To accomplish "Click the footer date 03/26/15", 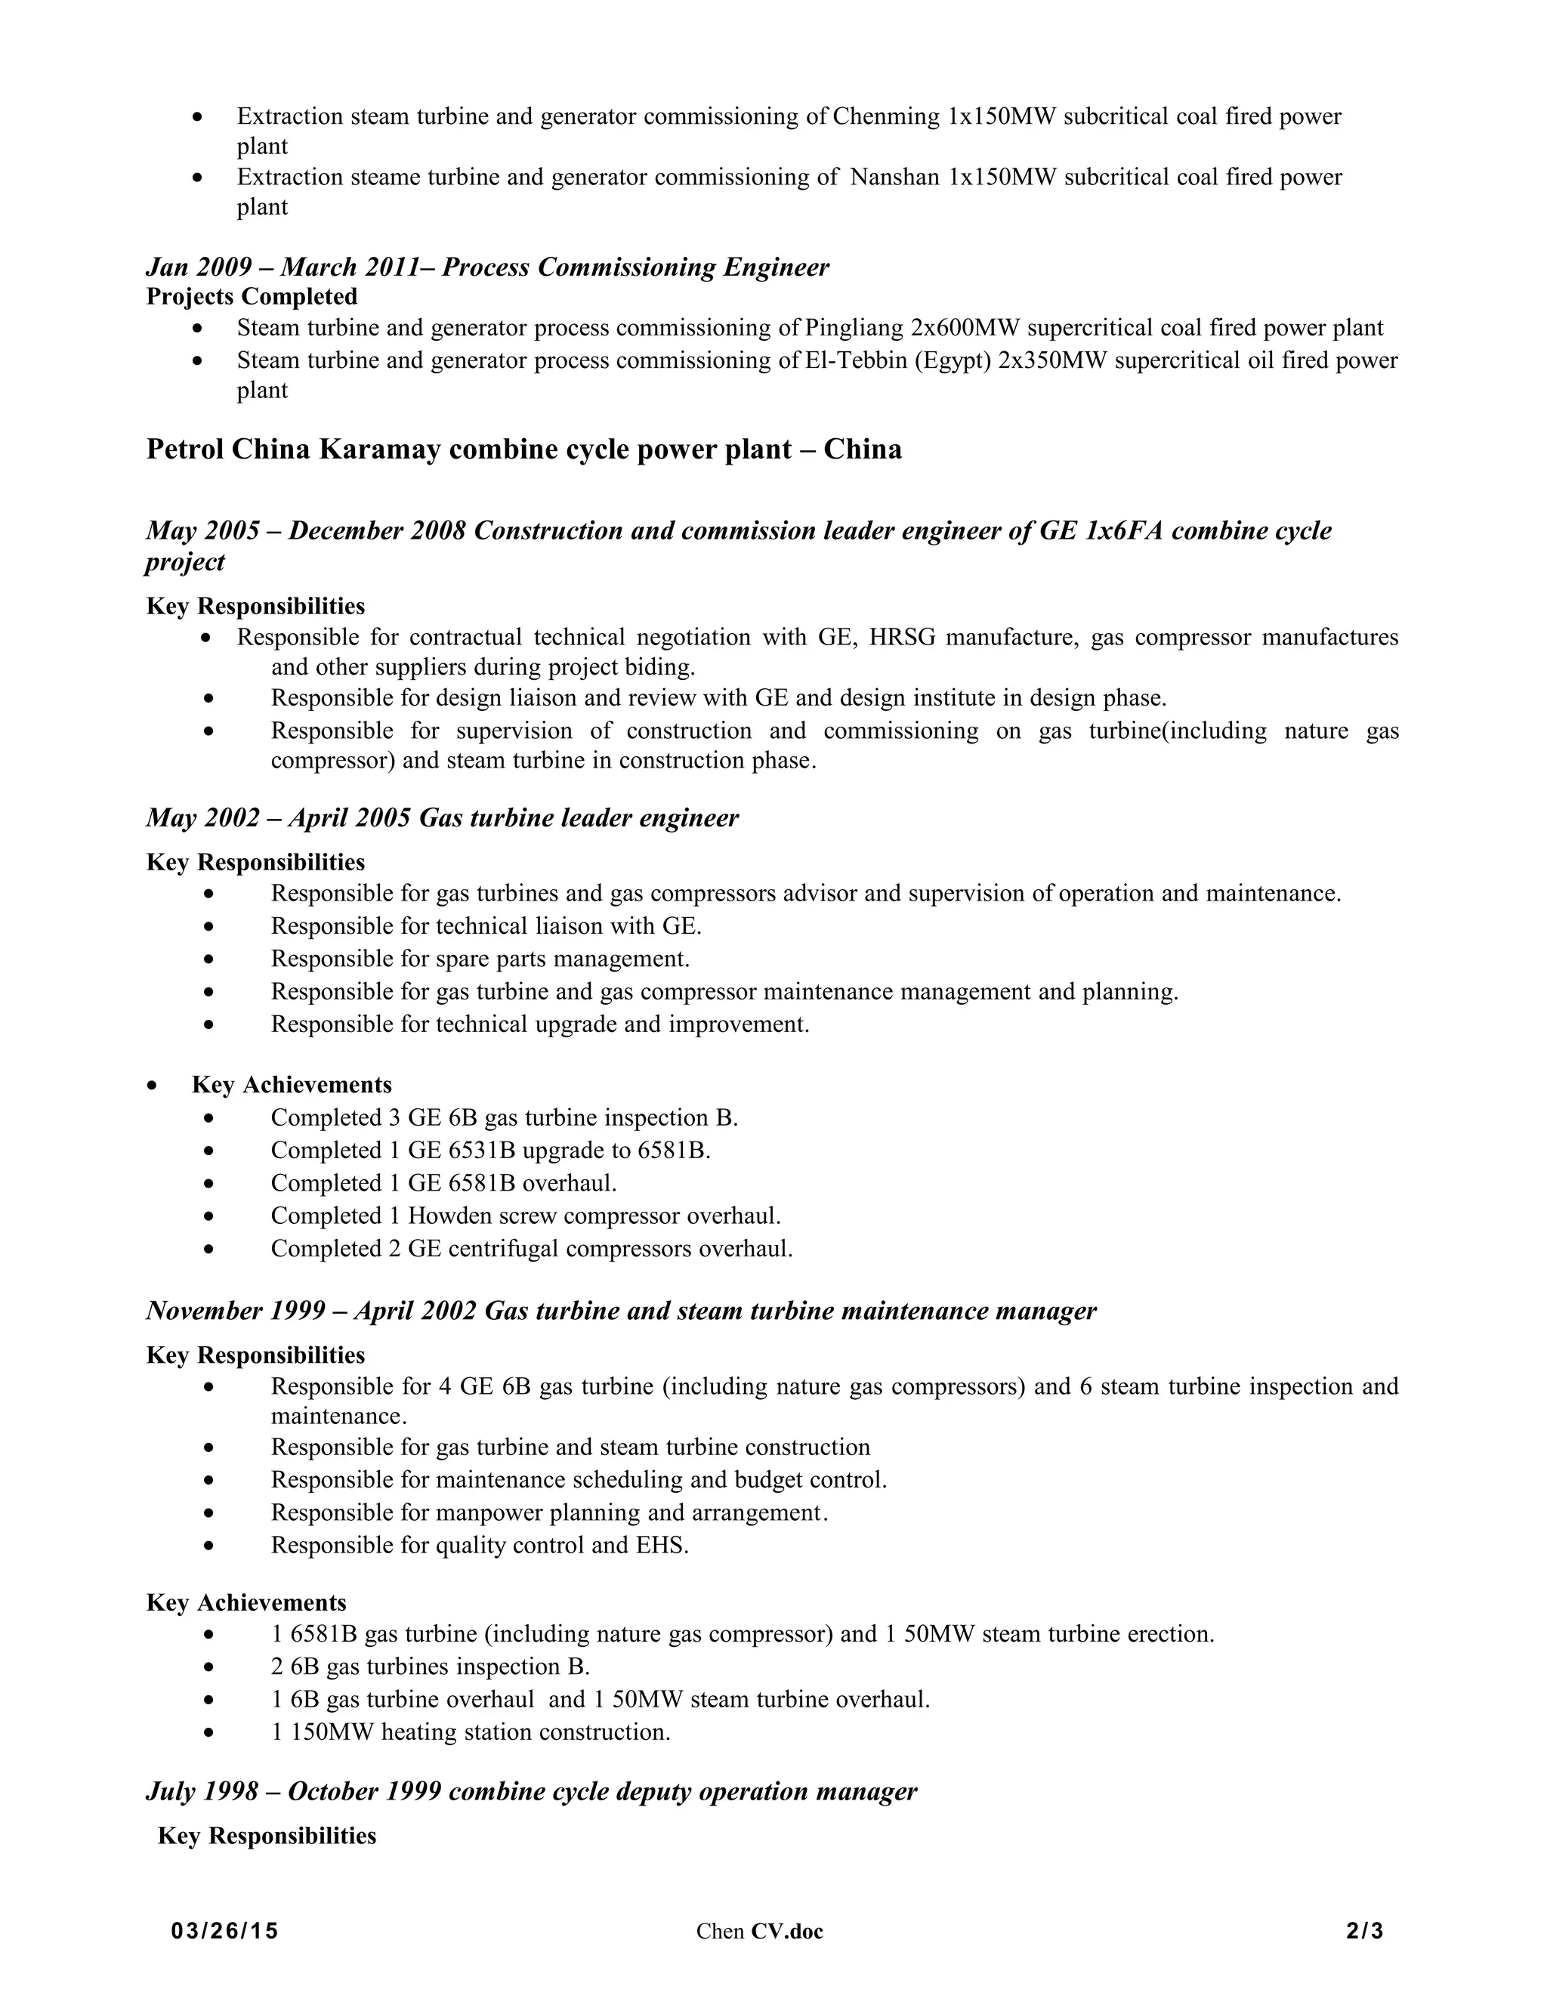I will point(224,1932).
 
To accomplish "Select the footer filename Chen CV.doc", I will point(759,1932).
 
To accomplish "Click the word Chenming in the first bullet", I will point(886,116).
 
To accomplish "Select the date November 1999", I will point(236,1311).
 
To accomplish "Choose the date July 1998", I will point(202,1792).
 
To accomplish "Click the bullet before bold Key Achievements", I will point(152,1086).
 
